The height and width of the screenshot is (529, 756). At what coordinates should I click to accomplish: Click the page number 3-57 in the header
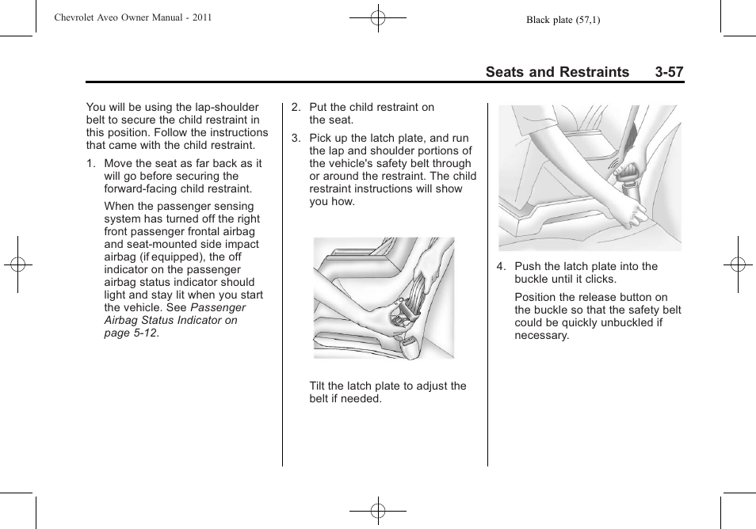[669, 72]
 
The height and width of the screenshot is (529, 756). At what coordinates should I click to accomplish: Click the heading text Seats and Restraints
[557, 72]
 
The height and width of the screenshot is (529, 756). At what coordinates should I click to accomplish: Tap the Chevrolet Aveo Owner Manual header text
[132, 17]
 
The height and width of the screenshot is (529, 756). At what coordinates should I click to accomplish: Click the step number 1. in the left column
[92, 164]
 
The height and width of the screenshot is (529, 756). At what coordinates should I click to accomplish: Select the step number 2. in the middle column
[296, 108]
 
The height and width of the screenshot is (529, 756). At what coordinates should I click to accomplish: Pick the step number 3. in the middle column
[296, 139]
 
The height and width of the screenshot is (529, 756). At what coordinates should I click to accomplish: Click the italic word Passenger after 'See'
[218, 307]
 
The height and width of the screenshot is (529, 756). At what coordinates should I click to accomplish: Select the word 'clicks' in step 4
[599, 280]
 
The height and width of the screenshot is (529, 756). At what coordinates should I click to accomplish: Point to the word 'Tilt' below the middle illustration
[319, 386]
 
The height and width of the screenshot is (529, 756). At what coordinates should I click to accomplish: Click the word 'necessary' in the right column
[541, 336]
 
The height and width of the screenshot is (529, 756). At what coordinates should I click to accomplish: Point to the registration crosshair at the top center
[378, 17]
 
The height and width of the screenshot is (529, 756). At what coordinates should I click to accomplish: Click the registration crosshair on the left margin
[17, 264]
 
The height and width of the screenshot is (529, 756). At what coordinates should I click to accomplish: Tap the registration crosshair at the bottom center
[378, 512]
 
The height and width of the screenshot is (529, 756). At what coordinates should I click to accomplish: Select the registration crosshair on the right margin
[738, 264]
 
